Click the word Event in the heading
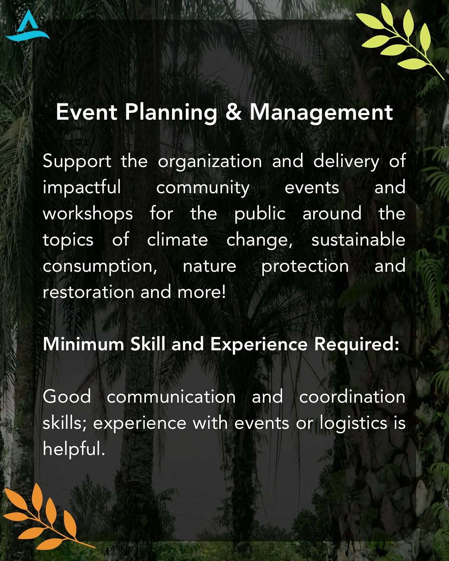pos(86,112)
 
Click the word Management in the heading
pos(321,113)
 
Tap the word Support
pos(77,162)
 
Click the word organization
pos(210,162)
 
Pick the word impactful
pos(82,187)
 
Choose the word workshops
pos(88,213)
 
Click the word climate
pos(178,239)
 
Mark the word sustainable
pos(358,239)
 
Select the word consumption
pos(100,266)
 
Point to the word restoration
pos(89,292)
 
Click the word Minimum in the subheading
pos(84,344)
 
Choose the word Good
pos(67,396)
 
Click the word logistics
pos(353,423)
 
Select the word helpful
pos(74,449)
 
